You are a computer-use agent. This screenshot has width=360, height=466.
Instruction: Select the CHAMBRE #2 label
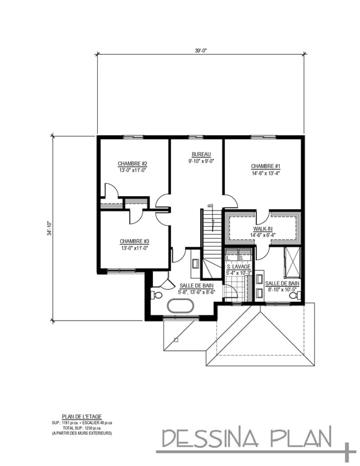(x=132, y=163)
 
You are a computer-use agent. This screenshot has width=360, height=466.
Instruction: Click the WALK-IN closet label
(x=264, y=229)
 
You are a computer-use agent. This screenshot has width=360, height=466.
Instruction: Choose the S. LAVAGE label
(x=238, y=267)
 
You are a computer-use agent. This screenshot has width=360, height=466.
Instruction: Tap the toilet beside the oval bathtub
(x=157, y=295)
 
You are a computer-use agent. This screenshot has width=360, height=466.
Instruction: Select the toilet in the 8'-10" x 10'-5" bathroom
(x=294, y=296)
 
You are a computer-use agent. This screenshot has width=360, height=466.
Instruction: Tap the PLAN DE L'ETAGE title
(x=81, y=416)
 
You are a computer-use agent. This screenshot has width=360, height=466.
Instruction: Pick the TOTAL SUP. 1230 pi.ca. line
(x=81, y=428)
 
